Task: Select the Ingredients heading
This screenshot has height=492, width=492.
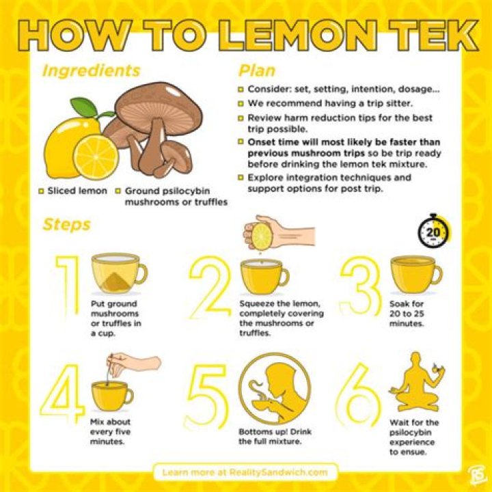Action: tap(91, 70)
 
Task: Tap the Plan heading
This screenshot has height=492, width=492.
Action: tap(256, 70)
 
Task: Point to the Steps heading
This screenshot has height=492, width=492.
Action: tap(66, 225)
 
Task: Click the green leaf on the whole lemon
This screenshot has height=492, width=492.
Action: tap(84, 107)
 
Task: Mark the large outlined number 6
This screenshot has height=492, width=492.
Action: tap(359, 393)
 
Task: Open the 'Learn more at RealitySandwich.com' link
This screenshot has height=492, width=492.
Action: tap(245, 472)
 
